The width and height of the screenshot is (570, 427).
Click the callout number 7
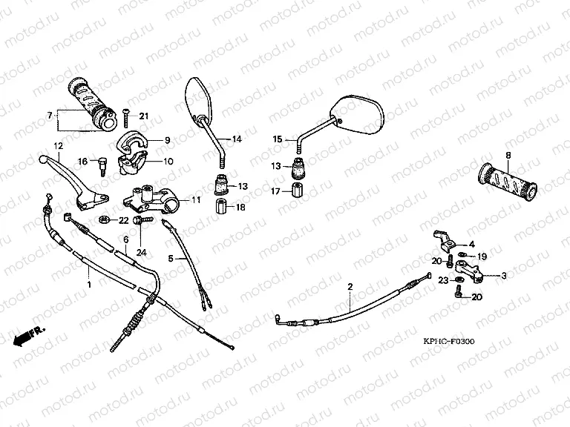pos(50,116)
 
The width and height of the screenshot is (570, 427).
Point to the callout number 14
pos(237,139)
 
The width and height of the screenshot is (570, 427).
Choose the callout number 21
pos(144,115)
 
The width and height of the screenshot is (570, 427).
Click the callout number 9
pos(167,139)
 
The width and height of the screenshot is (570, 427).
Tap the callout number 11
pos(196,200)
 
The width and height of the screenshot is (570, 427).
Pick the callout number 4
pos(471,244)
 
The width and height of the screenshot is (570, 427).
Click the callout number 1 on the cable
pos(90,285)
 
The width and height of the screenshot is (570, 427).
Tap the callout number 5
pos(171,258)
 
